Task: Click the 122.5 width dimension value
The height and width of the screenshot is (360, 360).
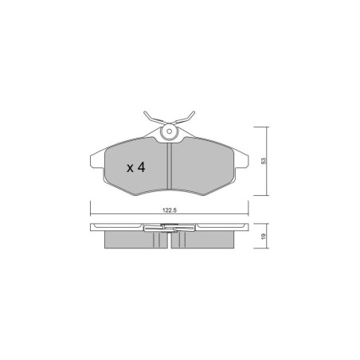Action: [x=170, y=210]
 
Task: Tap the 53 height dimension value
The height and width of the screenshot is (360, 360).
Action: [x=264, y=161]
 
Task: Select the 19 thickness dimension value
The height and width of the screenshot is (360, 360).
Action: [x=264, y=236]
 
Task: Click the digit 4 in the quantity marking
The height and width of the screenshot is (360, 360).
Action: [x=141, y=167]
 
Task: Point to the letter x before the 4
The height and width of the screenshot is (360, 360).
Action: [x=130, y=168]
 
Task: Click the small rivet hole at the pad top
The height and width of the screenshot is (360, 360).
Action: [x=169, y=131]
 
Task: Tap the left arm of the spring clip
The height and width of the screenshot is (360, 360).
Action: [x=155, y=118]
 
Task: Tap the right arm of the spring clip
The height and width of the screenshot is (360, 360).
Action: [x=184, y=118]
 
